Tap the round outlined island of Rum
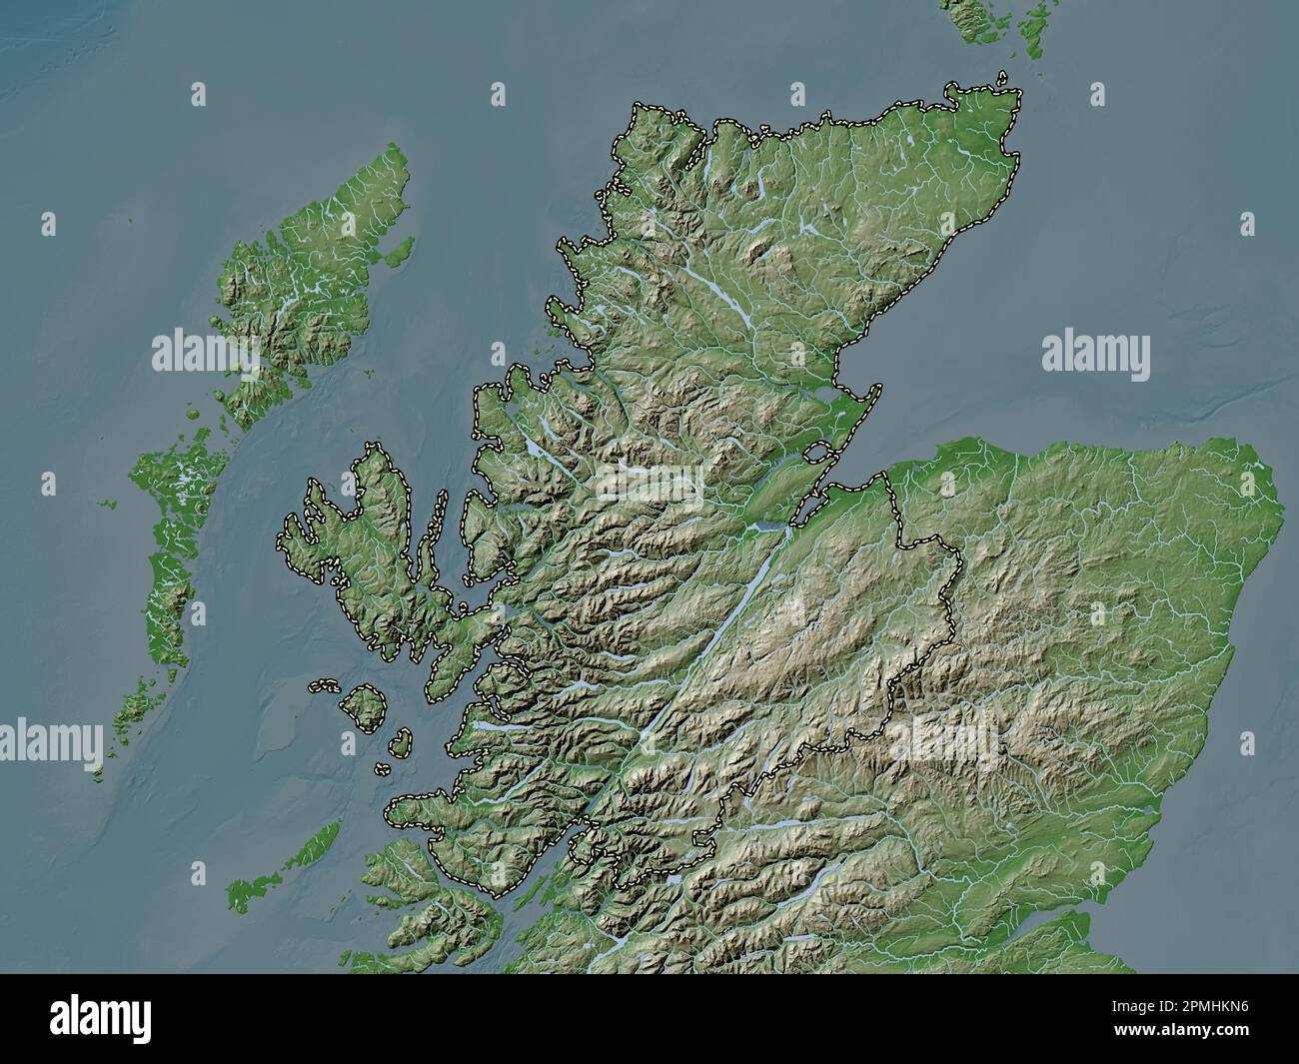[364, 705]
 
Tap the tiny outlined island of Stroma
[1003, 76]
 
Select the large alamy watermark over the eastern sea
[1095, 355]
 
